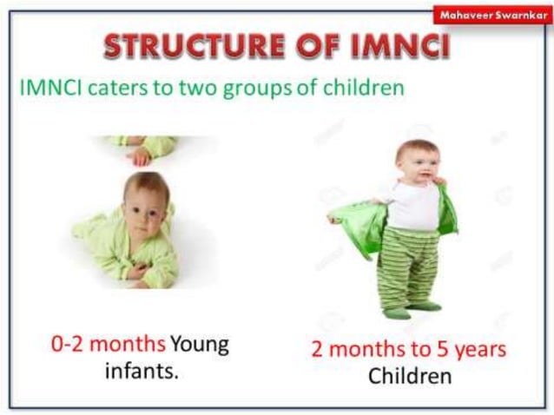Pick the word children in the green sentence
[x=365, y=88]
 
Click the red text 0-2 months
[x=108, y=343]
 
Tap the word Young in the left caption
[x=199, y=343]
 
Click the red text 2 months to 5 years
[x=409, y=351]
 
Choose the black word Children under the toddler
[x=410, y=378]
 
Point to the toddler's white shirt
[x=412, y=204]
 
